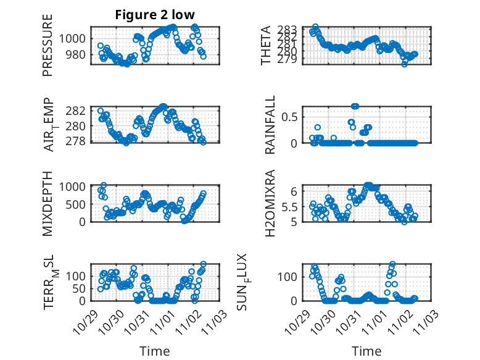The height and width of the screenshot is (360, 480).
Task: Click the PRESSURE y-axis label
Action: [48, 45]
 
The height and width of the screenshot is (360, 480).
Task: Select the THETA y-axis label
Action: [266, 45]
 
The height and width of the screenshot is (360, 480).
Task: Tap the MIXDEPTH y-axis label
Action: [48, 203]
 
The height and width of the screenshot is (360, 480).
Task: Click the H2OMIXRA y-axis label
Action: [270, 203]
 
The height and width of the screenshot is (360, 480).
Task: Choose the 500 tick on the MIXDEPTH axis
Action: [79, 204]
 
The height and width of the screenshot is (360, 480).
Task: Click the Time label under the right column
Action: [366, 351]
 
